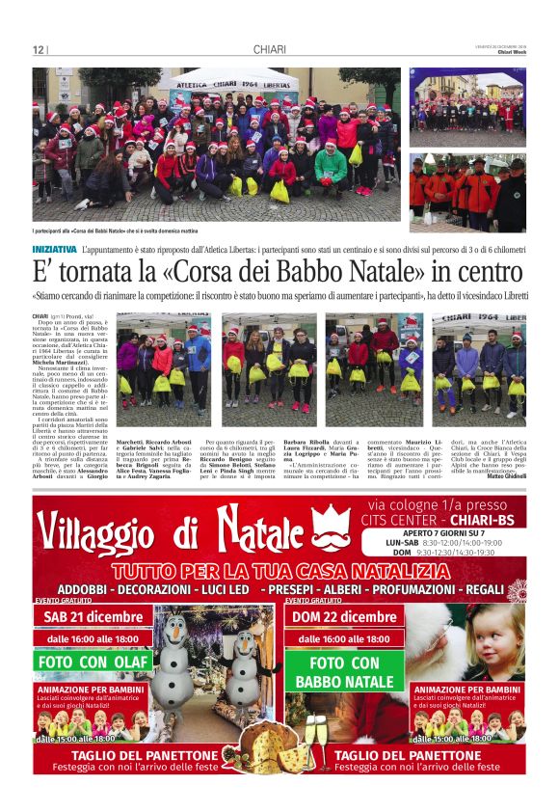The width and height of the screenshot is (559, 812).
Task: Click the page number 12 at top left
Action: coord(39,50)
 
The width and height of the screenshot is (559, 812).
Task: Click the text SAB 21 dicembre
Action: coord(94,617)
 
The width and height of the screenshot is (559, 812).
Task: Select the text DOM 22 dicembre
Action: coord(344,617)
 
